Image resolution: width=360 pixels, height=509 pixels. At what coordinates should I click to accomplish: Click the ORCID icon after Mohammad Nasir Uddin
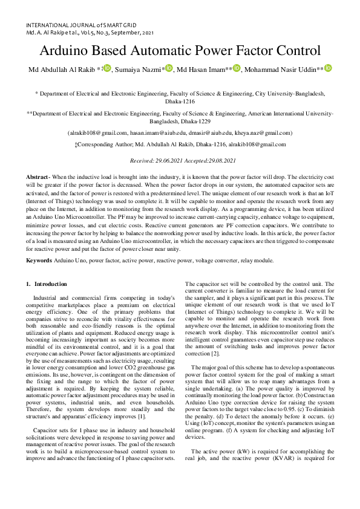pos(329,69)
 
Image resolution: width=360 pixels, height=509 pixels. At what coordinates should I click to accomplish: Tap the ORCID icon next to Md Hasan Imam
pos(237,69)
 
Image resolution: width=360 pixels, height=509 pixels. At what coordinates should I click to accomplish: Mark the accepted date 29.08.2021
pos(219,160)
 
